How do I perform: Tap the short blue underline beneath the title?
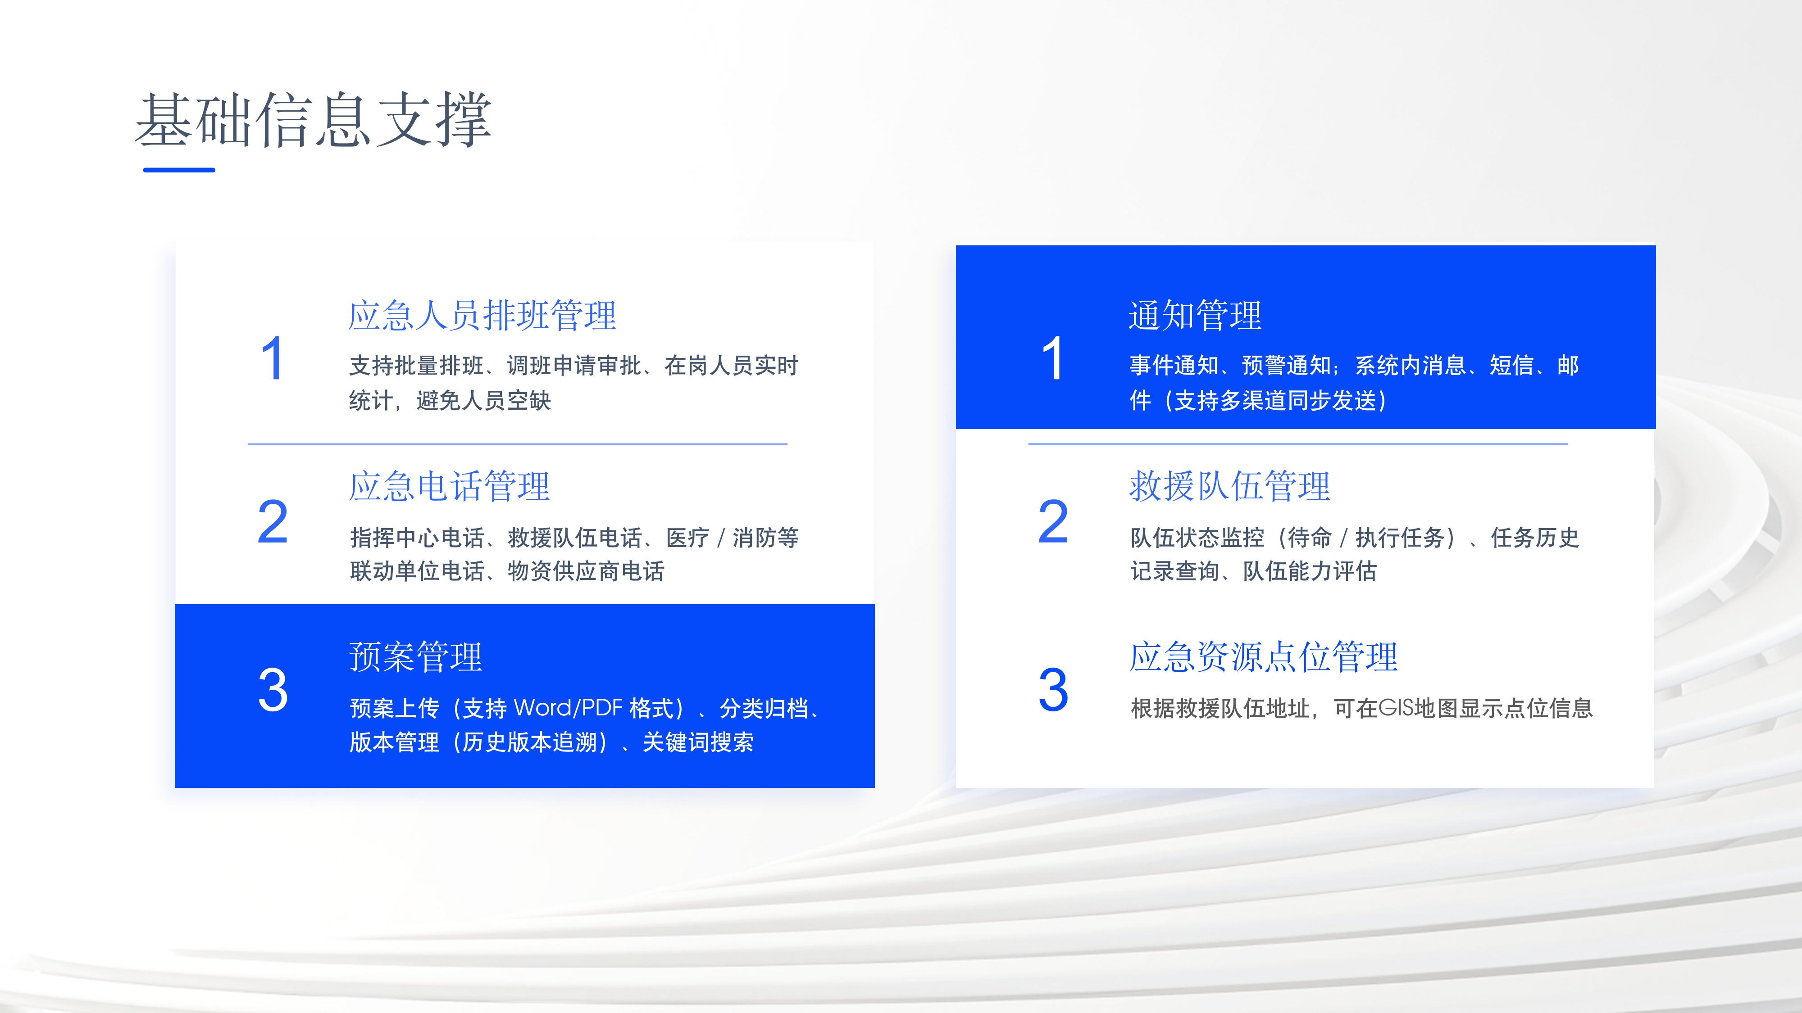pos(179,170)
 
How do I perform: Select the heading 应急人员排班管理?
pos(482,315)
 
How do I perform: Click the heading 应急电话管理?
pos(449,486)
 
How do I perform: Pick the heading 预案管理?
pos(415,657)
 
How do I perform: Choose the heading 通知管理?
pos(1196,315)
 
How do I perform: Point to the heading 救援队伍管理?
pos(1230,486)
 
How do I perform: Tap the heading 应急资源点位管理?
pos(1263,657)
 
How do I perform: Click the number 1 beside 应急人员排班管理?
pos(272,359)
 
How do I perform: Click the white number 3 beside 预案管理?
pos(273,690)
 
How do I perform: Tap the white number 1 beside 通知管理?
pos(1053,359)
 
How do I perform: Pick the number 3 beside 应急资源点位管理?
pos(1054,690)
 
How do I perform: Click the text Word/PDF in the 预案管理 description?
pos(568,708)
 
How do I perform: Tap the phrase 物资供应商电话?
pos(586,571)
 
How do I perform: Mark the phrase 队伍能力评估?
pos(1310,571)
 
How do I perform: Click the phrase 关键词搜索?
pos(698,742)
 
